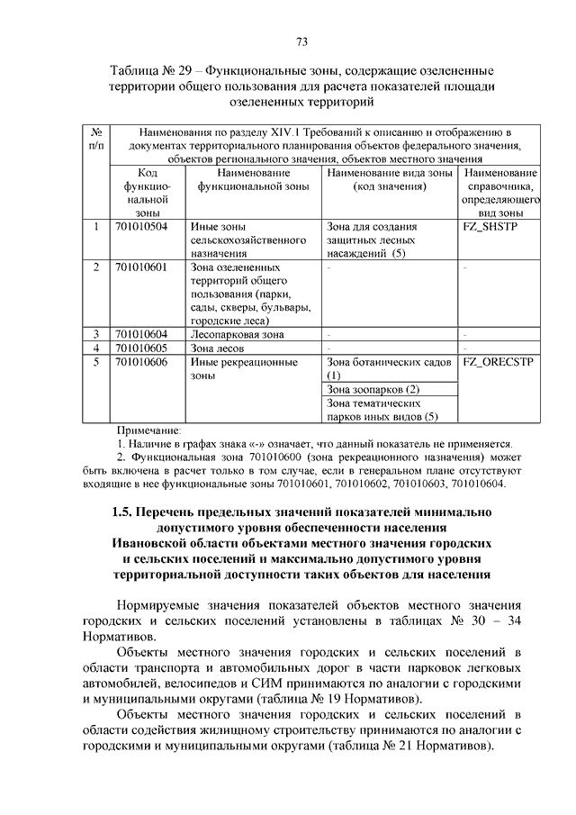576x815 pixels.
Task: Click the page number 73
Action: click(x=301, y=41)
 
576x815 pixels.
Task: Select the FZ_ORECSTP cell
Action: click(x=497, y=362)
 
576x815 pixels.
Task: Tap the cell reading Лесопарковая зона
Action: click(x=237, y=334)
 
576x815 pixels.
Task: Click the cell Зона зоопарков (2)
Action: click(x=373, y=389)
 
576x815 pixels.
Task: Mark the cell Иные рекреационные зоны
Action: click(x=243, y=368)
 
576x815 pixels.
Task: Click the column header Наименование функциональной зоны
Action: click(x=253, y=178)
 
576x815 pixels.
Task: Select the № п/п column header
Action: click(x=96, y=137)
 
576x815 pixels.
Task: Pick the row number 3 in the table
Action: click(x=96, y=334)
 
